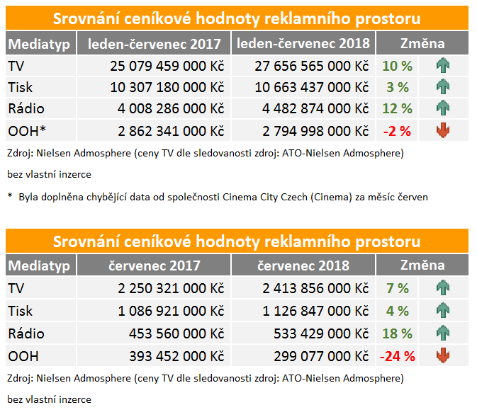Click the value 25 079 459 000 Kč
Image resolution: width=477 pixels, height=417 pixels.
coord(167,67)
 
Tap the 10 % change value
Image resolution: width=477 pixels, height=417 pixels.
coord(397,67)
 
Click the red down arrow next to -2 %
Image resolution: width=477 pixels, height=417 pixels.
coord(444,130)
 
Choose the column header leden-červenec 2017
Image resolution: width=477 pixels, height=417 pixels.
coord(154,44)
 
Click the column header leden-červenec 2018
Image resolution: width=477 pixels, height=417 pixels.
coord(303,44)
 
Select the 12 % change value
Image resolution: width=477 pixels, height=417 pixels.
coord(397,109)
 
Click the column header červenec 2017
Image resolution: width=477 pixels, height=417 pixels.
coord(154,265)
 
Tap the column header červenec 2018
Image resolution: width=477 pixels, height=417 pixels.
coord(303,265)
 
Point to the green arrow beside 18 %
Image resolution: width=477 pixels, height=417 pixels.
coord(444,333)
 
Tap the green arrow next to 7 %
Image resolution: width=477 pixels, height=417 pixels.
coord(444,288)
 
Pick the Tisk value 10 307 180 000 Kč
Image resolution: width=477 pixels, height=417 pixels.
coord(167,88)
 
